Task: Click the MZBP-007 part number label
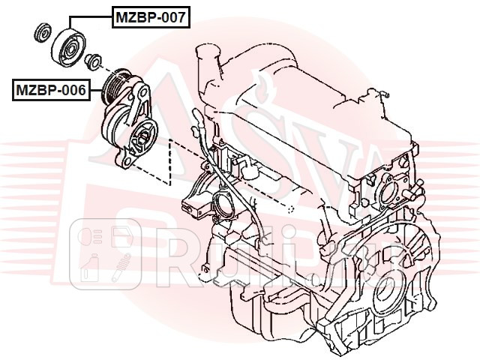[150, 16]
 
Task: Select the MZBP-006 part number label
[49, 91]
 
